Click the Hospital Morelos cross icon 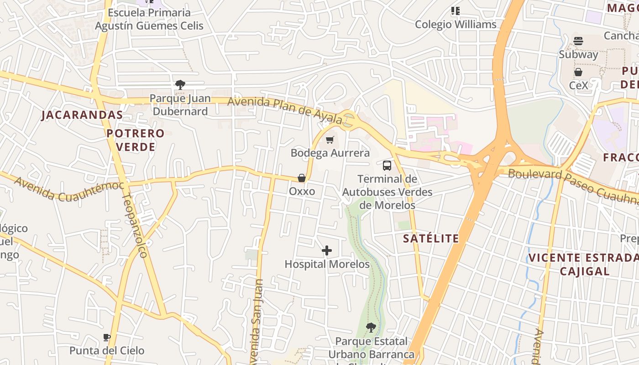[x=327, y=250]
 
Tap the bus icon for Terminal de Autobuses [x=387, y=165]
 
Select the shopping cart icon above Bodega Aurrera [x=330, y=139]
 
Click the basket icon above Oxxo [x=302, y=177]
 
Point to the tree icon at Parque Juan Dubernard [x=180, y=84]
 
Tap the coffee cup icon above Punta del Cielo [x=107, y=337]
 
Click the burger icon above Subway [x=578, y=41]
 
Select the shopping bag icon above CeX [x=578, y=72]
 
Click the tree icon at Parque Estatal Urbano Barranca [x=371, y=327]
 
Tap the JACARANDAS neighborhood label [x=82, y=115]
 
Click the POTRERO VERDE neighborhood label [x=136, y=140]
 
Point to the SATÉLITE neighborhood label [x=431, y=238]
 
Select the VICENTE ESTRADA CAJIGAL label [x=584, y=264]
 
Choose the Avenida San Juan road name [x=257, y=319]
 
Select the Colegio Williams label [x=456, y=24]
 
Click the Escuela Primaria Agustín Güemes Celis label [x=149, y=19]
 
